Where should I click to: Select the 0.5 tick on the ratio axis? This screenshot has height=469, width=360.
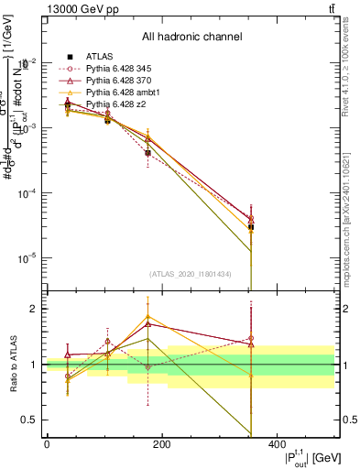(x=27, y=420)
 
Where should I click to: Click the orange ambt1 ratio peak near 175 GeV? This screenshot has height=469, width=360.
(x=147, y=317)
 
